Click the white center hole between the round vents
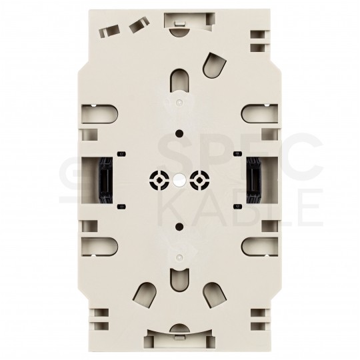[179, 180]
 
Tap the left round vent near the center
[159, 180]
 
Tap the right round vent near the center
[200, 180]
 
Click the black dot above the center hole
[179, 133]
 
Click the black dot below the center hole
[179, 227]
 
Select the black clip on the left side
[106, 180]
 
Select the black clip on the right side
[254, 180]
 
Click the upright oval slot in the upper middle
[180, 81]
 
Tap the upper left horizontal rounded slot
[99, 114]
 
